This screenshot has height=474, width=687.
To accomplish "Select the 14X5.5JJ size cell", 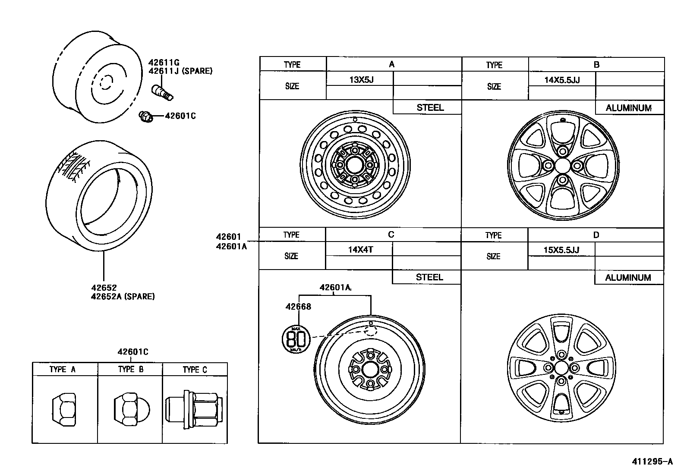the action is point(562,80).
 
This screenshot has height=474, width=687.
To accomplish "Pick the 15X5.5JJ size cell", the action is point(561,250).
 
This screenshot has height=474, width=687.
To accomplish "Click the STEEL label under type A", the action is point(430,108).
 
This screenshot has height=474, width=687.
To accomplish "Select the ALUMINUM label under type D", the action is point(628,278).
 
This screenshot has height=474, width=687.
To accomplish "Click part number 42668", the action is point(298,307).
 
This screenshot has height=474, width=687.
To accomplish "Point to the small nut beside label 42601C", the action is point(146,116).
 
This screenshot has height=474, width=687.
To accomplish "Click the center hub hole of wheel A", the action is point(355,165).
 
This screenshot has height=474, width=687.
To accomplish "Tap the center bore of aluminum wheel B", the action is point(562,165).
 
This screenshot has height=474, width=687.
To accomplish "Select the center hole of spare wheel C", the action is point(370,370).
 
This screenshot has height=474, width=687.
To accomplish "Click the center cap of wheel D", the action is point(561,368).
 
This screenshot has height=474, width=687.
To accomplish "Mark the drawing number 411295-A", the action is point(652,461).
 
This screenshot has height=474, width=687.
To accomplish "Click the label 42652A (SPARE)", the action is point(123,296).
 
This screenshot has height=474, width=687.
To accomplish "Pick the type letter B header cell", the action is point(596,65).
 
